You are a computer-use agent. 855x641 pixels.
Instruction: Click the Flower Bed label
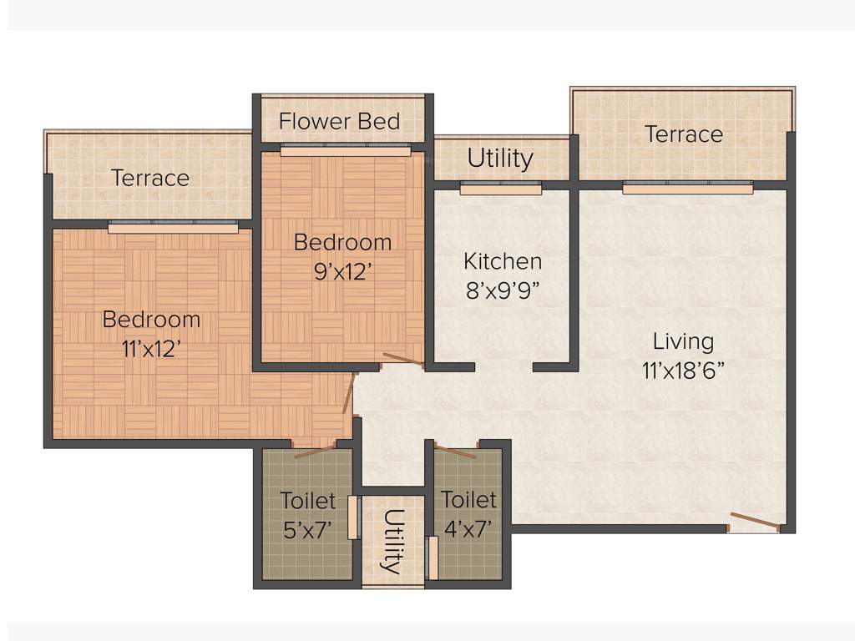[x=339, y=121]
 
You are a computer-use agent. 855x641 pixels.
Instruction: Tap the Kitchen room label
[x=503, y=261]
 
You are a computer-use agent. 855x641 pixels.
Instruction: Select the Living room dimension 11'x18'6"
[x=683, y=370]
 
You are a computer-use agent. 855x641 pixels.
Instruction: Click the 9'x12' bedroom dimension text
[x=342, y=272]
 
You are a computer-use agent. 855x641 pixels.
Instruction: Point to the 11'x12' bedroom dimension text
[x=151, y=349]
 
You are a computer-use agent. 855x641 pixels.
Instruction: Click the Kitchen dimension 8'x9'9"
[x=503, y=290]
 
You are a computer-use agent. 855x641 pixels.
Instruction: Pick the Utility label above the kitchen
[x=500, y=159]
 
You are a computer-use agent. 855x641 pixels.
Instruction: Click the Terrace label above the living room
[x=683, y=134]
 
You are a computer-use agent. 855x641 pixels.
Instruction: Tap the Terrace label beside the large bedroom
[x=150, y=178]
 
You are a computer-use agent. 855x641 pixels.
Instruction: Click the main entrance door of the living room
[x=754, y=522]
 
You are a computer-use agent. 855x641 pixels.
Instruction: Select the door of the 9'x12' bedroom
[x=403, y=361]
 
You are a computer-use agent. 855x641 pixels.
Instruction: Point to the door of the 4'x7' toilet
[x=455, y=452]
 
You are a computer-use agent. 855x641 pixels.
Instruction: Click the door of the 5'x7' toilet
[x=316, y=452]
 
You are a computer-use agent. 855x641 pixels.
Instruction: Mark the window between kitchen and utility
[x=500, y=189]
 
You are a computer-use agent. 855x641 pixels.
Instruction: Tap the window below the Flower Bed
[x=345, y=151]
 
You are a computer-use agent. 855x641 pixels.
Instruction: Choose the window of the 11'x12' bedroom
[x=173, y=227]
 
